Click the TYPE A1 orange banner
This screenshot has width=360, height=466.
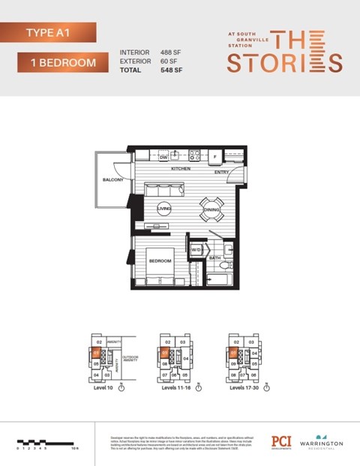click(49, 32)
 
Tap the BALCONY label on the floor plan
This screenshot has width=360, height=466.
click(113, 180)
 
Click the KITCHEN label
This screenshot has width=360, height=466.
click(181, 169)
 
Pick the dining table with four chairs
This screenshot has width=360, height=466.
click(209, 210)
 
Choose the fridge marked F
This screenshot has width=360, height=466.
click(215, 158)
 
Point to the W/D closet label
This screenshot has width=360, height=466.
click(196, 249)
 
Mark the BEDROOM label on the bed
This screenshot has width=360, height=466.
click(160, 260)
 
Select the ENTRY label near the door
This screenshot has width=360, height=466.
click(221, 171)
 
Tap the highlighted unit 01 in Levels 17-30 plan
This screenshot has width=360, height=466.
click(233, 350)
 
